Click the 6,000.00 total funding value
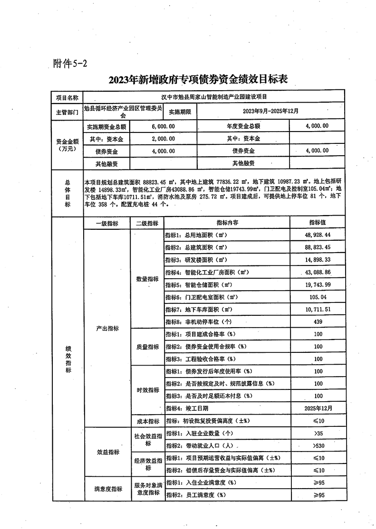[163, 126]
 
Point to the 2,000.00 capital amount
[163, 139]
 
